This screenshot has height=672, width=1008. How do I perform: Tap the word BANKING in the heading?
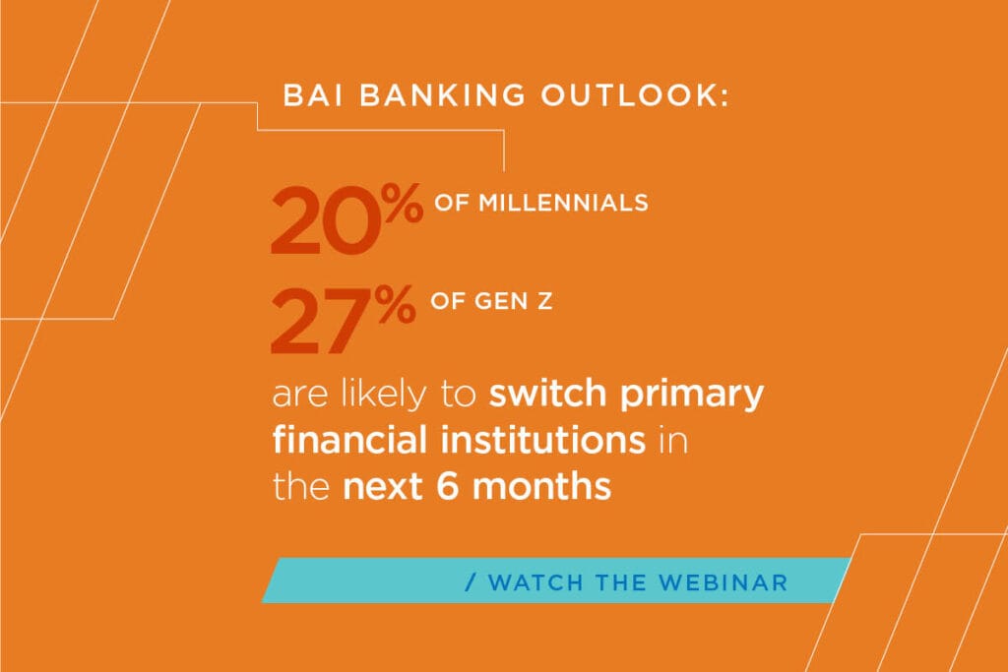(x=442, y=95)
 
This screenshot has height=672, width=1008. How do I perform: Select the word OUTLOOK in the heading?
(x=629, y=95)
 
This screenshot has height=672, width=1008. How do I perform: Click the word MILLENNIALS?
(x=563, y=203)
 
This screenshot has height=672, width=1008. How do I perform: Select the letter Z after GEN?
(x=544, y=301)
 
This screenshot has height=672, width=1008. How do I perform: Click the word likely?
(x=384, y=394)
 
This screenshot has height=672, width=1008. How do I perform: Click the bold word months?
(x=542, y=486)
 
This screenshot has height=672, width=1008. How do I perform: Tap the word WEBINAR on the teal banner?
(x=724, y=582)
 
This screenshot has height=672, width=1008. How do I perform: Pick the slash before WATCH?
(x=472, y=582)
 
